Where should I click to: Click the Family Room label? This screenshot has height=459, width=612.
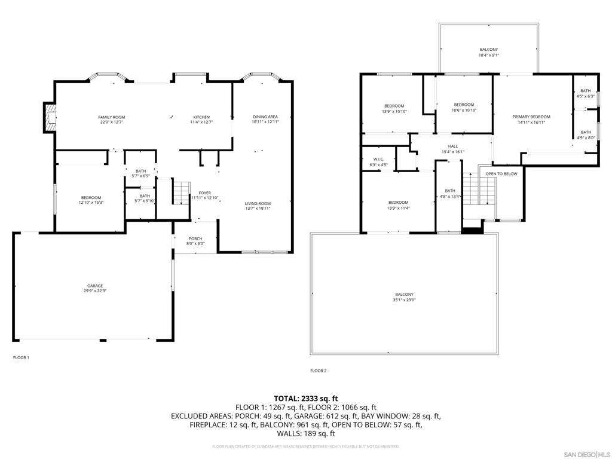[112, 117]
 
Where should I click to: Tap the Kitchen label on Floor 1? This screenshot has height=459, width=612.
[201, 117]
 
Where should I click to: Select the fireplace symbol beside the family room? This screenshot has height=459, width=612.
[50, 118]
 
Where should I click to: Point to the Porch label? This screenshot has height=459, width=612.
[195, 238]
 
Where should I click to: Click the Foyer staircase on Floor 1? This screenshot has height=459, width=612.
[181, 192]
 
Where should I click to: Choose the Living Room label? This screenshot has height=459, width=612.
[258, 203]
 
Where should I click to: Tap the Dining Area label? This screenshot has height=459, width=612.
[265, 117]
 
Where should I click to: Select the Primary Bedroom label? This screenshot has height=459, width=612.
[531, 117]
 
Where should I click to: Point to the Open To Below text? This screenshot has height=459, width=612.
[501, 174]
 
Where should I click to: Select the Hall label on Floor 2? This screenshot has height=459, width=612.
[453, 146]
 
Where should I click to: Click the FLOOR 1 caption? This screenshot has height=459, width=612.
[21, 357]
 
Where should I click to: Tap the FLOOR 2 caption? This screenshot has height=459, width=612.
[318, 371]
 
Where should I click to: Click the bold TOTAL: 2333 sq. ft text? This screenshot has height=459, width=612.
[306, 398]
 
